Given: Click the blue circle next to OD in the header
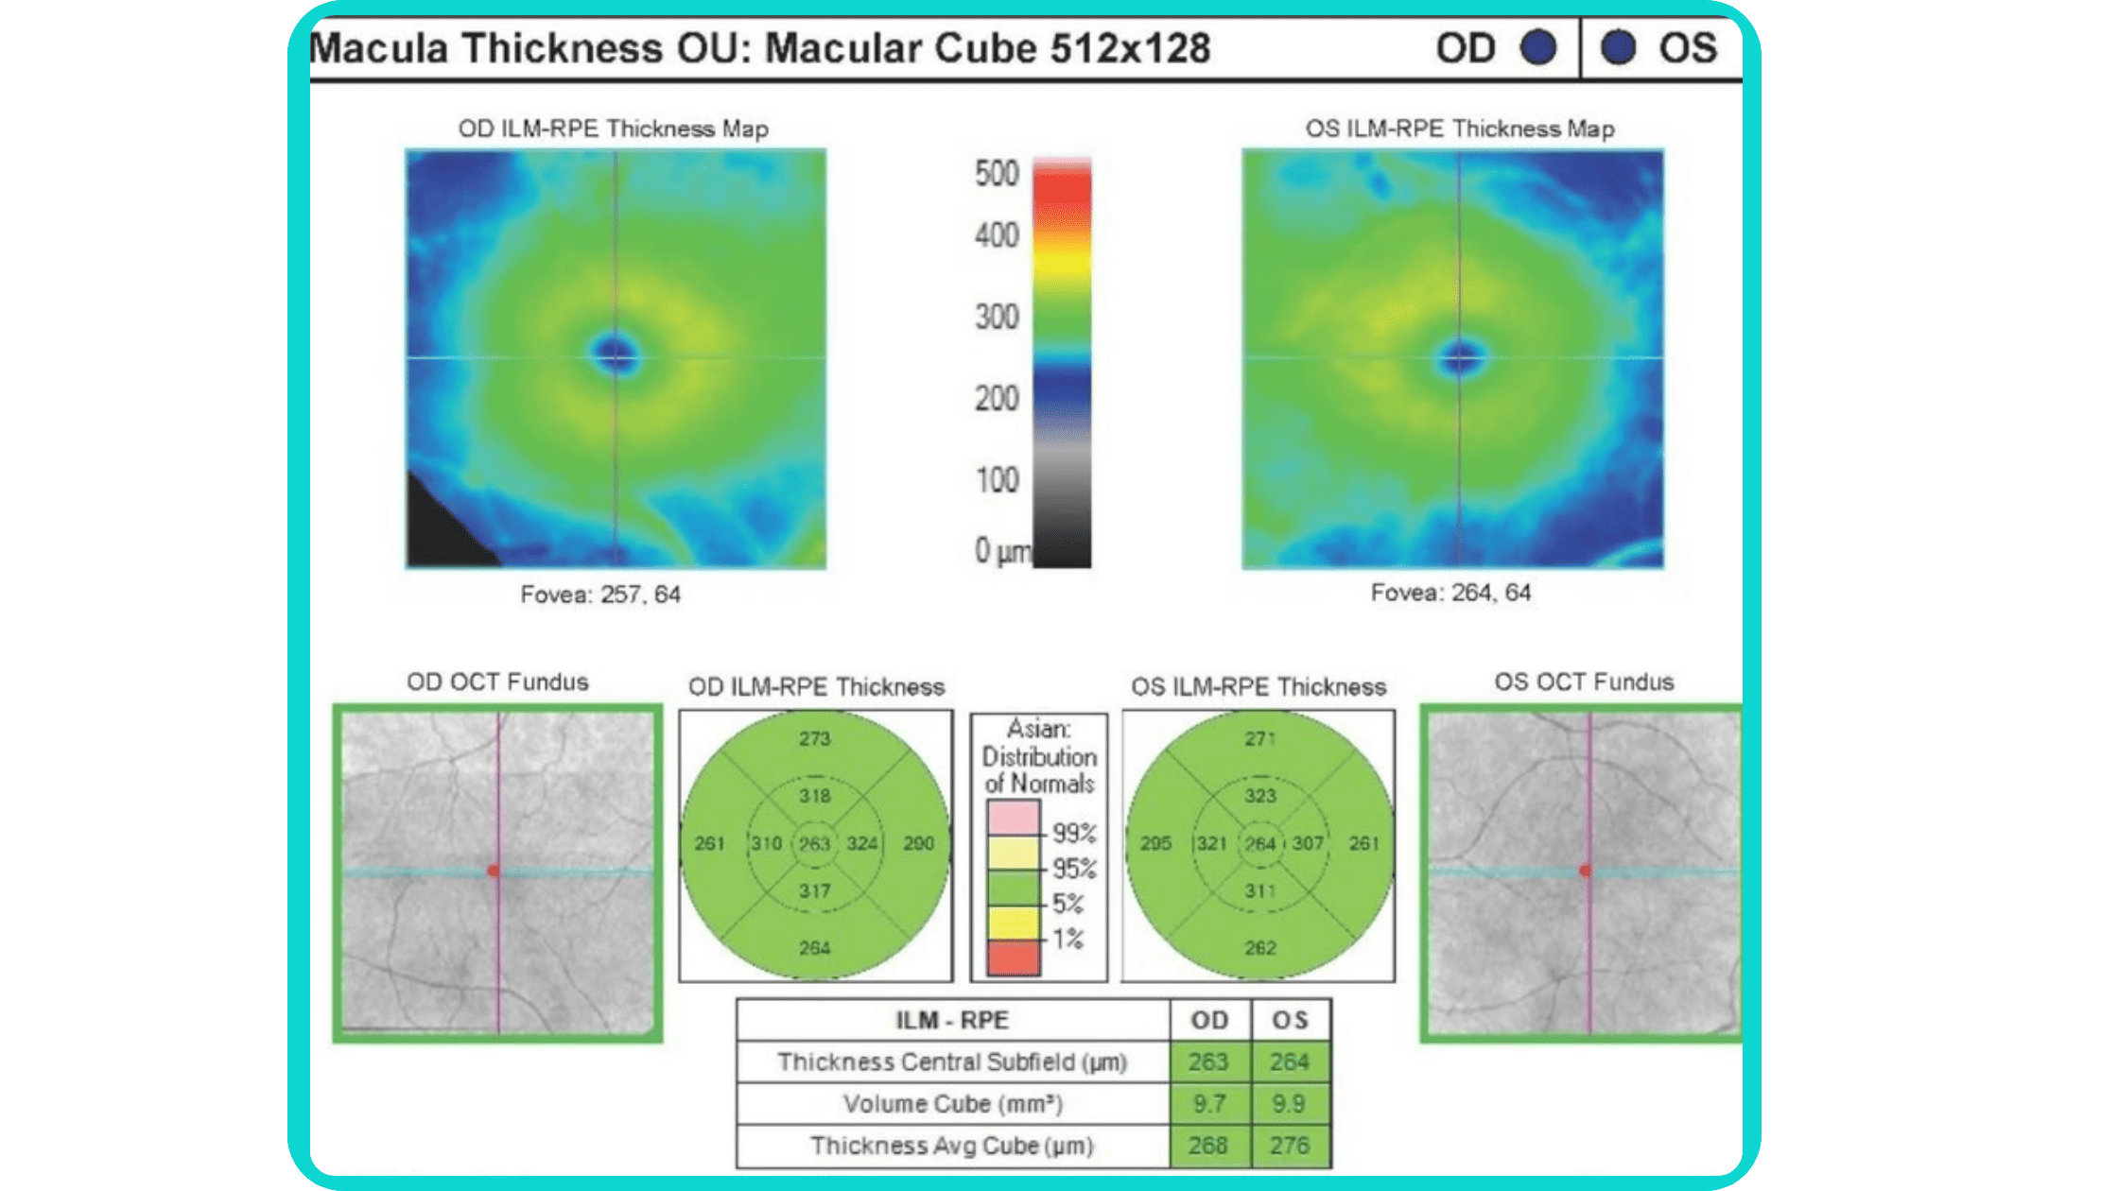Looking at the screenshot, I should click(x=1538, y=47).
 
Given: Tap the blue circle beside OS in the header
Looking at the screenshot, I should click(x=1618, y=47).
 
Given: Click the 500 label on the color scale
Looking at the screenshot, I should click(x=997, y=173).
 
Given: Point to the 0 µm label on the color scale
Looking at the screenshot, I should click(x=1002, y=550).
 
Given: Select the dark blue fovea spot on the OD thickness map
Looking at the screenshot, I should click(x=616, y=354).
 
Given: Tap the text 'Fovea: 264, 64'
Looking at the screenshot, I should click(x=1450, y=593).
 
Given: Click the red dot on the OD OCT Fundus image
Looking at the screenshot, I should click(x=493, y=870).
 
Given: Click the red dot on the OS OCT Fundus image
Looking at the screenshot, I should click(x=1586, y=870).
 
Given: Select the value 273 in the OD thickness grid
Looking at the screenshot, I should click(x=814, y=738).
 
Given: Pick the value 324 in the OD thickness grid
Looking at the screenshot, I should click(x=861, y=842).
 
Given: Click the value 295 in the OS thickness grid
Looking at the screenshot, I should click(x=1155, y=842).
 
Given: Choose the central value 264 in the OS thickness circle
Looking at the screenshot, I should click(x=1259, y=842).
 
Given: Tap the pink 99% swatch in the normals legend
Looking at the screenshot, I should click(x=1013, y=817).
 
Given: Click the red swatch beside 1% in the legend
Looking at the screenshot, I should click(x=1013, y=958).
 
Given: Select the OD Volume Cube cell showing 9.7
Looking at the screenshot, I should click(x=1209, y=1103).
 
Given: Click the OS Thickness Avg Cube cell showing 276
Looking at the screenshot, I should click(x=1290, y=1145).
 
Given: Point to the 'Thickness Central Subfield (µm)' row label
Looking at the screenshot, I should click(x=952, y=1062).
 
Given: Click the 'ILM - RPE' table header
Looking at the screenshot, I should click(x=952, y=1020).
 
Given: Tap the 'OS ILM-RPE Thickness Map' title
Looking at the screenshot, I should click(x=1460, y=129).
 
